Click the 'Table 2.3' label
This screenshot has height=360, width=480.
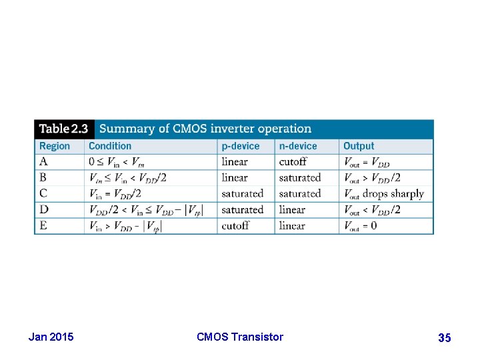click(x=63, y=129)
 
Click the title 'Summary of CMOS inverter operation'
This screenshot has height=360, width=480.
click(x=205, y=129)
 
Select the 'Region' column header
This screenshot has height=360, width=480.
click(x=55, y=146)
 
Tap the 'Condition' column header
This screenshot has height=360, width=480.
click(x=110, y=146)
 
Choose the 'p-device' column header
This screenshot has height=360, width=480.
click(x=241, y=146)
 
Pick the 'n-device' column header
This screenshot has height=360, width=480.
click(x=298, y=146)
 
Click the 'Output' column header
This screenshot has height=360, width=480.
click(x=359, y=146)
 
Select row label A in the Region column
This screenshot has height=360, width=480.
click(x=44, y=162)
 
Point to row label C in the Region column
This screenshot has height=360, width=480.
click(x=44, y=194)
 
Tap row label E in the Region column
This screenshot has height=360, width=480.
click(x=44, y=226)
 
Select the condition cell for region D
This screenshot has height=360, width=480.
click(x=145, y=210)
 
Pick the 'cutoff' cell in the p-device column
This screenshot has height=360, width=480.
click(x=235, y=226)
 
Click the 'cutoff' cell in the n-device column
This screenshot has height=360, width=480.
click(x=293, y=162)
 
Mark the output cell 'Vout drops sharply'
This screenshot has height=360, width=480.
click(x=383, y=194)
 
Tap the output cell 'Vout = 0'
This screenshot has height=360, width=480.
click(x=360, y=226)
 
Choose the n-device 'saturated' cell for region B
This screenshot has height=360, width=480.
click(x=300, y=178)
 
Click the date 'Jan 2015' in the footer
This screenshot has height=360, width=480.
click(x=51, y=337)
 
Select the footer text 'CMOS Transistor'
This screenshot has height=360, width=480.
click(x=240, y=337)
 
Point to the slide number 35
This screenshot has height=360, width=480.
click(x=444, y=338)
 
